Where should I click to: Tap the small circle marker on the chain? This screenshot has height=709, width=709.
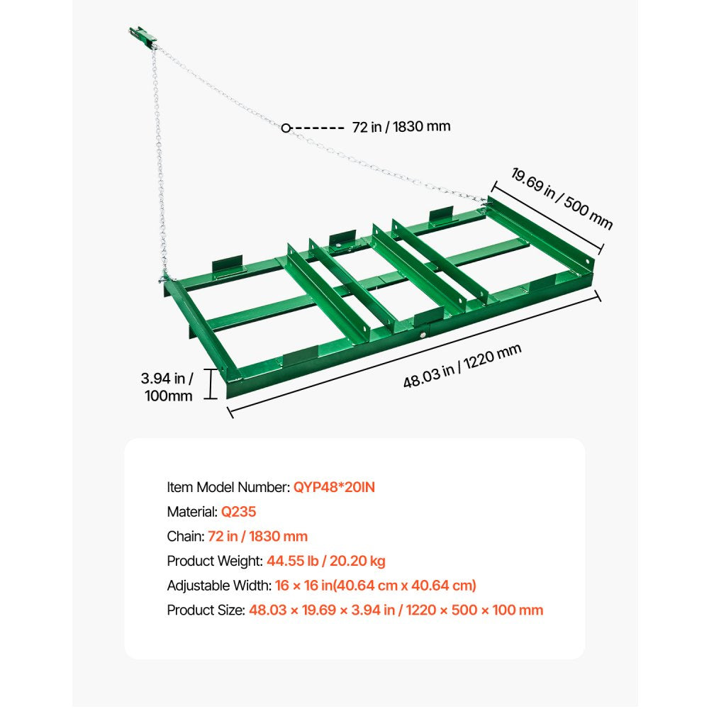coord(286,128)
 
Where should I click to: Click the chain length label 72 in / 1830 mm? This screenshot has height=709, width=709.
coord(401,127)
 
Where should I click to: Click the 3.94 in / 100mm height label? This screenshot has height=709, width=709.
coord(167,387)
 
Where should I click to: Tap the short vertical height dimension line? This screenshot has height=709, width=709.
coord(211,384)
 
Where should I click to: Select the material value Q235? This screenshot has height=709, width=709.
coord(238,511)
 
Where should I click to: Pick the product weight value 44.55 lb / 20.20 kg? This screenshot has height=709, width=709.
coord(326,561)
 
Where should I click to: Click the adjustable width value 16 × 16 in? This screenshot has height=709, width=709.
coord(375,586)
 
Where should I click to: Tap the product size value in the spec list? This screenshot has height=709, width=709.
coord(396,610)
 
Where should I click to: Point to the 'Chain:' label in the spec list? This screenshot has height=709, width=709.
coord(186,536)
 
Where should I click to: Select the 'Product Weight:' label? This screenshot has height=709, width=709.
coord(215,561)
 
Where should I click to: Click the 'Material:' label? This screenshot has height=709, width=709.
coord(192,511)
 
